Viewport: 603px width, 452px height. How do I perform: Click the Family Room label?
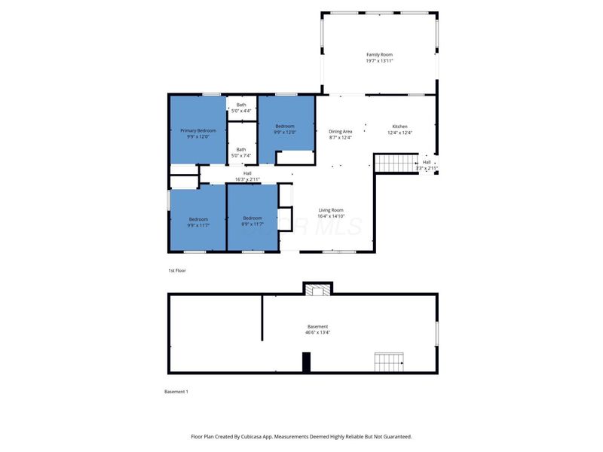pos(379,57)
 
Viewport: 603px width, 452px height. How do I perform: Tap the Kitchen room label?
pos(399,130)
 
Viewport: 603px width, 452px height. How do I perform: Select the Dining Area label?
pos(341,134)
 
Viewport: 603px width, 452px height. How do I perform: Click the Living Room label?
pos(331,213)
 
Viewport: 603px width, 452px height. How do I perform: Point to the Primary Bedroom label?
pos(197,133)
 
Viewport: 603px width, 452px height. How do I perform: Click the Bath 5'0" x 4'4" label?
pos(241,108)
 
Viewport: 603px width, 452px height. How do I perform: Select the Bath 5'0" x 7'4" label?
pos(241,152)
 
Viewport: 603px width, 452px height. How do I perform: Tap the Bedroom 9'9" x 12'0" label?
pos(285,129)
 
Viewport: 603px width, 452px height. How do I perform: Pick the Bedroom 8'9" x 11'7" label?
pos(253,221)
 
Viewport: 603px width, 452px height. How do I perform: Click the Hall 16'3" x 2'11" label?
pos(247,176)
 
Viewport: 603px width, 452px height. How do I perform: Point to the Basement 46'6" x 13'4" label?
pos(317,329)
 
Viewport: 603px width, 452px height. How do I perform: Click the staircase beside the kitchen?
pos(396,162)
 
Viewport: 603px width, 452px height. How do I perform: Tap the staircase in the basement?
pos(389,362)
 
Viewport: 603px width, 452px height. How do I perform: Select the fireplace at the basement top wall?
pos(317,289)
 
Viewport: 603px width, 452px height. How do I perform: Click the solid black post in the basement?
pos(306,362)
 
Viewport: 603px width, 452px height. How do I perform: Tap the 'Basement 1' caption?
pos(176,392)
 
